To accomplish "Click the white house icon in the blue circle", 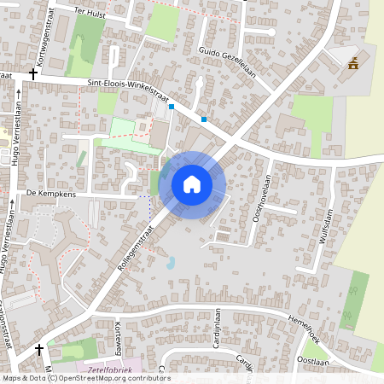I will [192, 183].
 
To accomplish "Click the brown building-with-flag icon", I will [352, 62].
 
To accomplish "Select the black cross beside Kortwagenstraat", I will [33, 74].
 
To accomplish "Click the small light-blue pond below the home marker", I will [171, 264].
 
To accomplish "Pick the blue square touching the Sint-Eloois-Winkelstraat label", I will [172, 107].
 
